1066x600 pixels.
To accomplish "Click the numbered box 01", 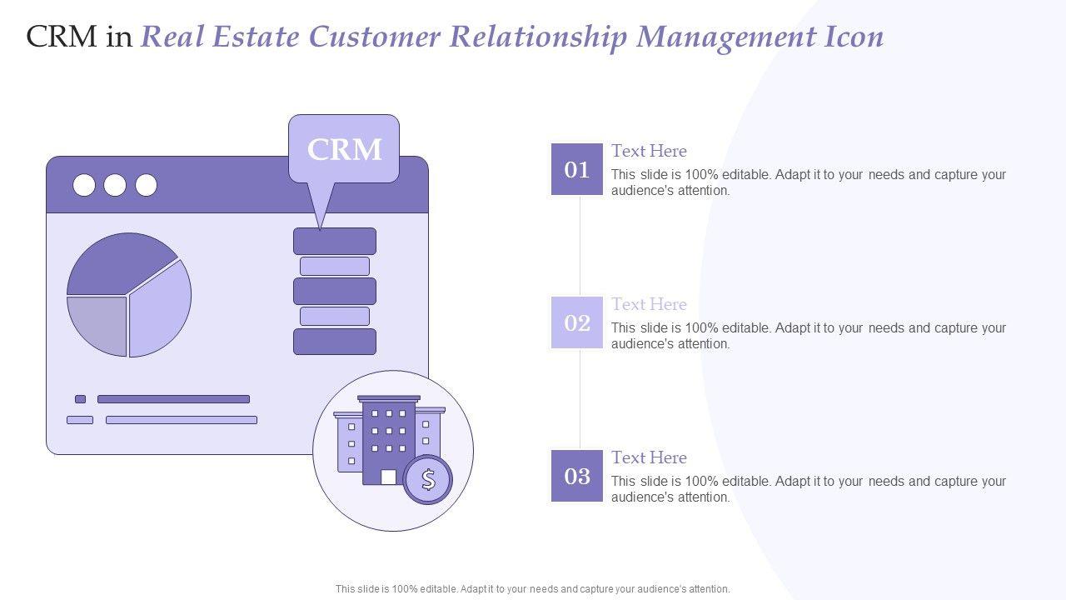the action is click(x=577, y=169).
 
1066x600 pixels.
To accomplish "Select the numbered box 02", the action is click(x=577, y=322).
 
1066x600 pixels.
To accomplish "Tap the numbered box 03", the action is click(x=577, y=476).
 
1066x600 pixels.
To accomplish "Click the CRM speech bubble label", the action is click(x=344, y=149).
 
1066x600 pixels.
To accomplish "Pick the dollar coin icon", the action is click(x=428, y=479).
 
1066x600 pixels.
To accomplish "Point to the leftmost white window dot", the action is click(x=84, y=185).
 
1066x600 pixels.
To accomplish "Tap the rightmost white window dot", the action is click(x=146, y=185).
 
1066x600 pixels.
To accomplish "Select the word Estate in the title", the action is click(x=256, y=37).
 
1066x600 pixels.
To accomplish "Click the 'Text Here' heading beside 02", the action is click(x=649, y=304).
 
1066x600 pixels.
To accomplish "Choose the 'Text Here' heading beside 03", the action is click(x=649, y=457).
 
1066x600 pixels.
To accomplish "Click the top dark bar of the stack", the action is click(x=335, y=241).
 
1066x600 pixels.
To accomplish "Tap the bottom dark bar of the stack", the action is click(x=335, y=342).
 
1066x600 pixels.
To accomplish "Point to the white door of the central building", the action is click(x=388, y=477).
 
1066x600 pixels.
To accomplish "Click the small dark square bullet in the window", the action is click(x=81, y=399).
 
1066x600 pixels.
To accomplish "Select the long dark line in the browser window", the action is click(x=173, y=399).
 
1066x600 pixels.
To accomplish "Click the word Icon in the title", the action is click(x=854, y=37).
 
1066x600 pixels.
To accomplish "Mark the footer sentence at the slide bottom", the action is click(x=532, y=588).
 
